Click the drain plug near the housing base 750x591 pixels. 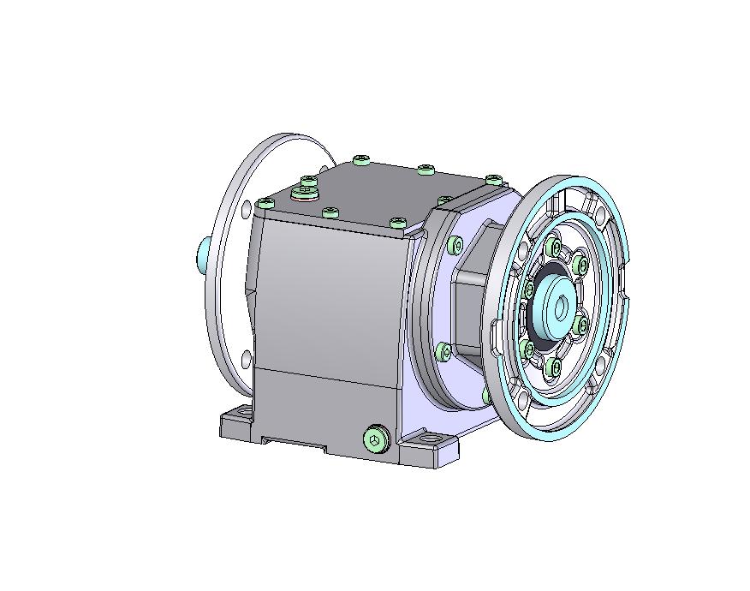tap(375, 439)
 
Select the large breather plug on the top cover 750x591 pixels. tap(303, 193)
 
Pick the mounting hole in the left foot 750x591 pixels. tap(239, 416)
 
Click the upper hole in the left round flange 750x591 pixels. tap(247, 208)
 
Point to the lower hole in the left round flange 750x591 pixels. tap(247, 357)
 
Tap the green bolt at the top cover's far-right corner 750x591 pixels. tap(494, 179)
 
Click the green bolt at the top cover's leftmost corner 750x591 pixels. tap(265, 204)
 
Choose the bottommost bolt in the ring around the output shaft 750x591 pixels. tap(555, 367)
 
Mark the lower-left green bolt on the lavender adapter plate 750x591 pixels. tap(443, 351)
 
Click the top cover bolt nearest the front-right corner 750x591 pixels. tap(397, 223)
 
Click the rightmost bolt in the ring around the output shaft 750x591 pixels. tap(582, 325)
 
